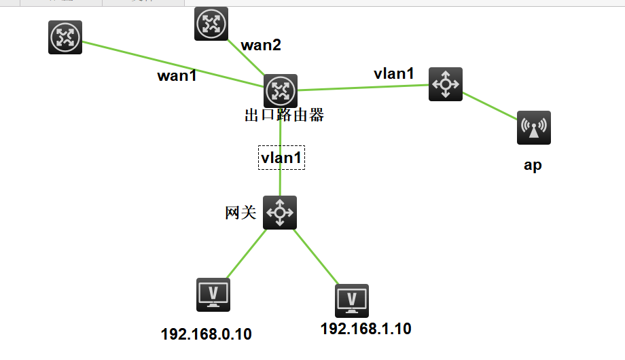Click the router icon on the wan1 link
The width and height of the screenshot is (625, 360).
tap(65, 37)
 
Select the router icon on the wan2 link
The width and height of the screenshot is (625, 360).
tap(211, 24)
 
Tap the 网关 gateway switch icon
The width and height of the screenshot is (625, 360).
tap(280, 213)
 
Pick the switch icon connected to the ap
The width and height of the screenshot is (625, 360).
tap(446, 84)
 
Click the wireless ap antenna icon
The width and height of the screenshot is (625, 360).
tap(533, 128)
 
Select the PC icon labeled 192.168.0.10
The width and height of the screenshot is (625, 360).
tap(213, 295)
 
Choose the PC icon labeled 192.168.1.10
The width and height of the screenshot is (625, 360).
tap(352, 300)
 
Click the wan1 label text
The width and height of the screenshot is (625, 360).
tap(177, 75)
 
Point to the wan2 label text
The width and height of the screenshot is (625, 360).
tap(261, 46)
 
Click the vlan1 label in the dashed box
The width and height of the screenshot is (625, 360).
tap(281, 158)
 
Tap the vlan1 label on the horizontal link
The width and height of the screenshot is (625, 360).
tap(394, 73)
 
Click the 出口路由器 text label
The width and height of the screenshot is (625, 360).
tap(284, 115)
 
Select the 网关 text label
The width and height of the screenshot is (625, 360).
tap(240, 213)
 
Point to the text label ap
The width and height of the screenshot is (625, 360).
tap(533, 165)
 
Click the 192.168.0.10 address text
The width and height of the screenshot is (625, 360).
tap(207, 334)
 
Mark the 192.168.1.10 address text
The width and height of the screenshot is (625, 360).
tap(365, 329)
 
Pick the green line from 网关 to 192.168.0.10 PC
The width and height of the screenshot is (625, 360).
tap(245, 254)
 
